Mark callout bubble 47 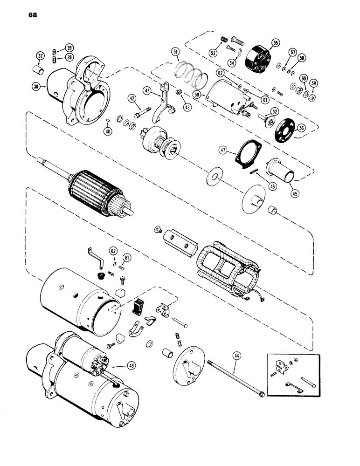coord(223,150)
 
